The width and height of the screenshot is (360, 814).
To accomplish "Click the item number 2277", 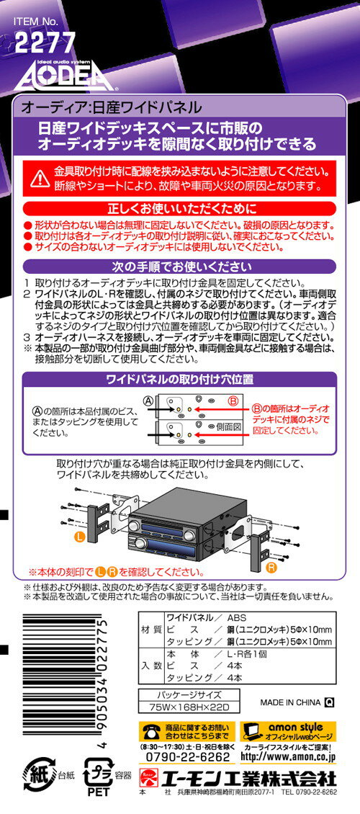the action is pyautogui.click(x=45, y=43).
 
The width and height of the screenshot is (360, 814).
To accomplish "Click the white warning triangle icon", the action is pyautogui.click(x=40, y=178).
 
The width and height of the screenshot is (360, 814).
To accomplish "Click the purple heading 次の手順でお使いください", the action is pyautogui.click(x=179, y=267).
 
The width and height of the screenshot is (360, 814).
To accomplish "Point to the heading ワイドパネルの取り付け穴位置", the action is pyautogui.click(x=179, y=380).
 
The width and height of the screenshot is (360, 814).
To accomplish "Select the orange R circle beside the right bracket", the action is pyautogui.click(x=271, y=568).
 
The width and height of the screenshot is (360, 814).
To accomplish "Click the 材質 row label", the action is pyautogui.click(x=151, y=630).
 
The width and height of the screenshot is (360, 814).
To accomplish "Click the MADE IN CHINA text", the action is pyautogui.click(x=290, y=702).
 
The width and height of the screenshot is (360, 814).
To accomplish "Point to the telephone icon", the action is pyautogui.click(x=151, y=731).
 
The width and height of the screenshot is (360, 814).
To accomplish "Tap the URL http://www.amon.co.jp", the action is pyautogui.click(x=288, y=757).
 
